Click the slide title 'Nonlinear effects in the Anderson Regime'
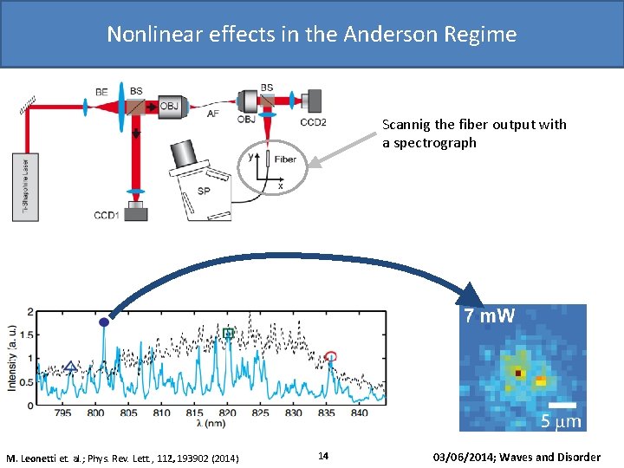311,34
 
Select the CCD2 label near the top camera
313,122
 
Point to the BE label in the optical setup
101,91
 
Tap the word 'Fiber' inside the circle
284,159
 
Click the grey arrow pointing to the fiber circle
342,150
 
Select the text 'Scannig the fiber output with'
474,124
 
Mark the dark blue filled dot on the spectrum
104,322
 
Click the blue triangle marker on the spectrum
71,367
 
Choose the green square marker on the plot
229,333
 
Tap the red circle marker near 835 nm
330,356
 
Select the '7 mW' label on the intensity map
489,316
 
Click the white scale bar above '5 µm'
562,405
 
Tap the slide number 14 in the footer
322,456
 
